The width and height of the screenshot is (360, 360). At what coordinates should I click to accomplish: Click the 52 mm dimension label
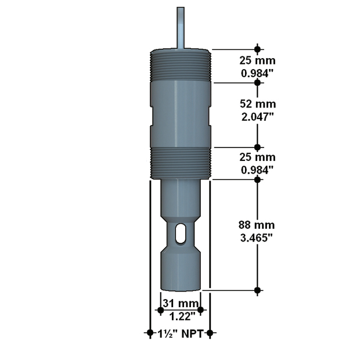(x=258, y=104)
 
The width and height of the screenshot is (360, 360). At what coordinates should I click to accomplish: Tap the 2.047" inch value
(x=258, y=117)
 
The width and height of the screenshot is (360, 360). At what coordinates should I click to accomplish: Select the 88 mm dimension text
(x=257, y=225)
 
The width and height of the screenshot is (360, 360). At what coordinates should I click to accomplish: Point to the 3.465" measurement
(x=257, y=237)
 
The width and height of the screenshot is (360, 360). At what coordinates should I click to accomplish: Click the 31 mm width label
(x=181, y=303)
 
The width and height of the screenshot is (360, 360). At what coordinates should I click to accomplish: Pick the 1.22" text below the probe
(x=182, y=316)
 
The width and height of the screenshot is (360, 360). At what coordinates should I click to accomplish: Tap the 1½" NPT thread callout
(x=181, y=334)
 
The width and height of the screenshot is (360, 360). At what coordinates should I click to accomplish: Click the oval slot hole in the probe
(x=181, y=233)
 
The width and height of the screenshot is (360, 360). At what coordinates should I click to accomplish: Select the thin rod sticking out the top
(x=181, y=28)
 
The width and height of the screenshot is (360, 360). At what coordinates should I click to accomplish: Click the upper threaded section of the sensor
(x=181, y=65)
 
